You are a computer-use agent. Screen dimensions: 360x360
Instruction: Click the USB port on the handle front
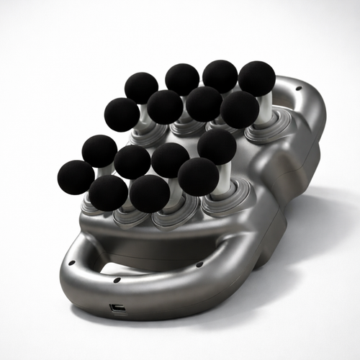[117, 309]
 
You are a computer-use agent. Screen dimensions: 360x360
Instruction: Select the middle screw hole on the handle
[117, 279]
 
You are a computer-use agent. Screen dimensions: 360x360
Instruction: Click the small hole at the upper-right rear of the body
[298, 89]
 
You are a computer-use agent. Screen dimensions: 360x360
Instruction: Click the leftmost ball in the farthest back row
[141, 88]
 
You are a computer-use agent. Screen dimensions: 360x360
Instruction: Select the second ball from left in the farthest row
[182, 79]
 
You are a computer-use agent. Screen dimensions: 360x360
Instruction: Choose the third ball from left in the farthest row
[220, 76]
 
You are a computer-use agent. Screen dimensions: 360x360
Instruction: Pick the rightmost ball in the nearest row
[198, 176]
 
